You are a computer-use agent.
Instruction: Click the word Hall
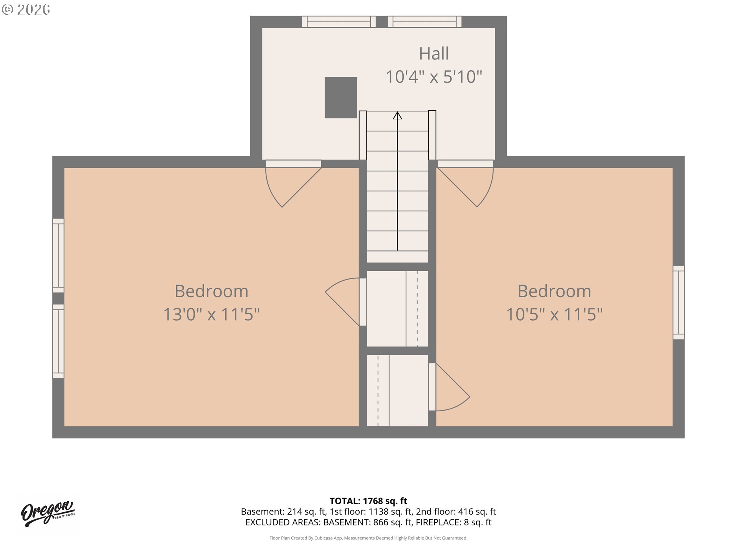434,53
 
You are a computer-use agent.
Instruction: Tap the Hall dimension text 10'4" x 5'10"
434,77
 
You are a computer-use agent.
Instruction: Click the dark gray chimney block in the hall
341,98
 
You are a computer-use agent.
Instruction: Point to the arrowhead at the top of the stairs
397,115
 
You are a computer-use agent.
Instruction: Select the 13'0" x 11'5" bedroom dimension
212,314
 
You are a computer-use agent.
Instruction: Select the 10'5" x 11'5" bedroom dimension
554,314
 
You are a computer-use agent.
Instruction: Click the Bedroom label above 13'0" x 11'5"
212,291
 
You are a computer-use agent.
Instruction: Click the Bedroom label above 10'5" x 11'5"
554,291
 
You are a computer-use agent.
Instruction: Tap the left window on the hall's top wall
339,22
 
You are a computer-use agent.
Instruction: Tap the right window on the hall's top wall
425,22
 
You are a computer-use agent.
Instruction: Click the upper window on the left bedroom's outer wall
58,256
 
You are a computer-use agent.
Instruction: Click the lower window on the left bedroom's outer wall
58,341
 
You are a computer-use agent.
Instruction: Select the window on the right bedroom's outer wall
679,303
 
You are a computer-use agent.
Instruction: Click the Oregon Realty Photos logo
48,513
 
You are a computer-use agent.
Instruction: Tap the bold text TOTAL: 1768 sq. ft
368,501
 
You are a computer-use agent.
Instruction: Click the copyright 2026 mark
26,10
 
